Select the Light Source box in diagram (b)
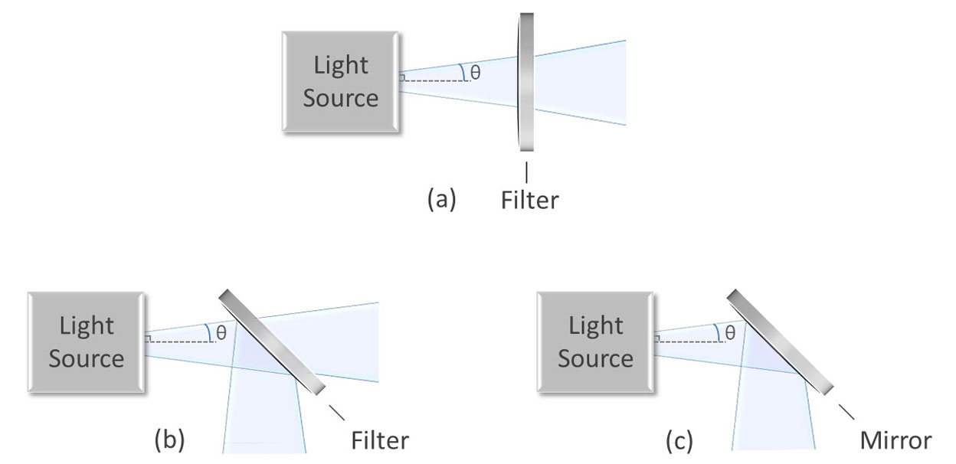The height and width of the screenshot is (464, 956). (x=85, y=341)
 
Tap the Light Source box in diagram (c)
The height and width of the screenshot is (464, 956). (x=595, y=341)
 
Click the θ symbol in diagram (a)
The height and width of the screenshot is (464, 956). (x=475, y=74)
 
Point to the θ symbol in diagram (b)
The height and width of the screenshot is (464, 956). (x=221, y=333)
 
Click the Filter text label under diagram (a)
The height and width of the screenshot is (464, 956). (x=530, y=201)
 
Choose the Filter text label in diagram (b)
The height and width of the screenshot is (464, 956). (x=380, y=441)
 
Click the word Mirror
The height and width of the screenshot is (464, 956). (x=895, y=441)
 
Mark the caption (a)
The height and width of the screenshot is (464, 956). (x=441, y=201)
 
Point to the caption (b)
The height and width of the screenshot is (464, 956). (x=169, y=441)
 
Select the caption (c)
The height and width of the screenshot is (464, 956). (x=679, y=441)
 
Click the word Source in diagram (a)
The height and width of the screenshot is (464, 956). (x=341, y=99)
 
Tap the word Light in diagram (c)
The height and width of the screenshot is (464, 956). (x=595, y=325)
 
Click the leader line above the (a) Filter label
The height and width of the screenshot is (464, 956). (x=526, y=171)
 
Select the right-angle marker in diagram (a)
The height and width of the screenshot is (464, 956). (x=401, y=77)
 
